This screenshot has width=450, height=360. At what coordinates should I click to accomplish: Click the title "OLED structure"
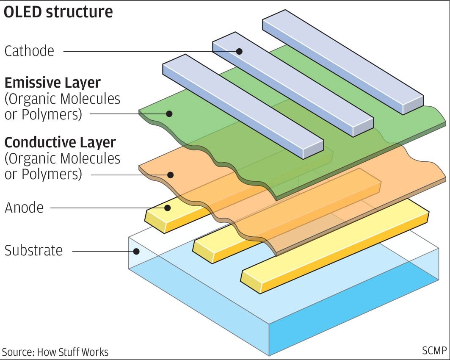click(x=58, y=12)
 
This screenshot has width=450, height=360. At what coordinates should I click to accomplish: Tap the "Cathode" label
click(x=29, y=51)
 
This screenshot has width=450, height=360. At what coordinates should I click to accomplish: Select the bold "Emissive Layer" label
click(x=52, y=82)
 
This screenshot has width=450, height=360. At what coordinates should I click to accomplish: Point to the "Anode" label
click(x=24, y=208)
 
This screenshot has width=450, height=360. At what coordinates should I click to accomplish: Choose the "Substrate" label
click(x=33, y=250)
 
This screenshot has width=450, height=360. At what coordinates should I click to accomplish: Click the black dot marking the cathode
click(x=239, y=51)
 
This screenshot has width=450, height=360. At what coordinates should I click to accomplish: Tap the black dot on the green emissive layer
click(x=169, y=114)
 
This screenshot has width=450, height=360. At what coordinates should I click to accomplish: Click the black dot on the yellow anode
click(x=168, y=208)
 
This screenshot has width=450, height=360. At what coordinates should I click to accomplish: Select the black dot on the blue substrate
click(x=136, y=251)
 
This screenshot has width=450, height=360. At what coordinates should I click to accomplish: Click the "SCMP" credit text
click(x=434, y=351)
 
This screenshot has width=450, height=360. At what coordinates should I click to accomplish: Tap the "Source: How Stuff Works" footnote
click(x=55, y=352)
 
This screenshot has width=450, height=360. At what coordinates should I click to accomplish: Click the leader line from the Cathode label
click(x=148, y=51)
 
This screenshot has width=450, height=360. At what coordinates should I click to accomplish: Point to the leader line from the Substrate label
click(x=102, y=251)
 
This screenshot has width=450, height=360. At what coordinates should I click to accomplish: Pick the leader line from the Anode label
click(x=106, y=208)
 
